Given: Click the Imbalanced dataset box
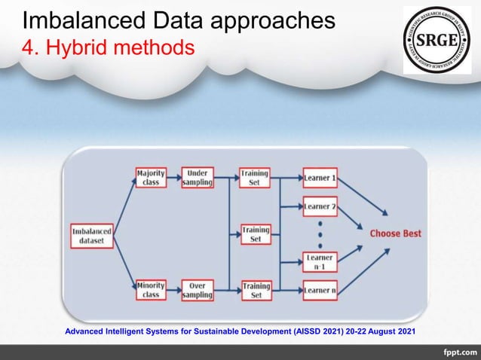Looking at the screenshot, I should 93,234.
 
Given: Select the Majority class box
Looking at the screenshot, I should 151,178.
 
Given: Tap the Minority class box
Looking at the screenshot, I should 151,290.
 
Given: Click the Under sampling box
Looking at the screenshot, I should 198,178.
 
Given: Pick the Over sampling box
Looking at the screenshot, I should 198,290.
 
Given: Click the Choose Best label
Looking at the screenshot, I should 395,233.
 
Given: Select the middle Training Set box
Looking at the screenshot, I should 256,234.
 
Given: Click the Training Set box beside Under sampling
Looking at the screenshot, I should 256,178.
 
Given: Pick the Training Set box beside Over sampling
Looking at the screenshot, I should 256,290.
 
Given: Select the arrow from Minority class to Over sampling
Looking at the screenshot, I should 174,290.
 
